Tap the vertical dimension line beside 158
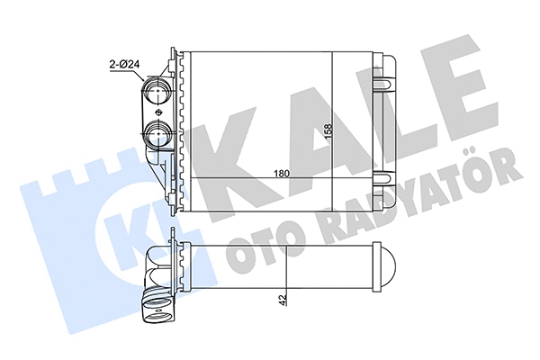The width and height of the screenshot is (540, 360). point(334,117)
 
